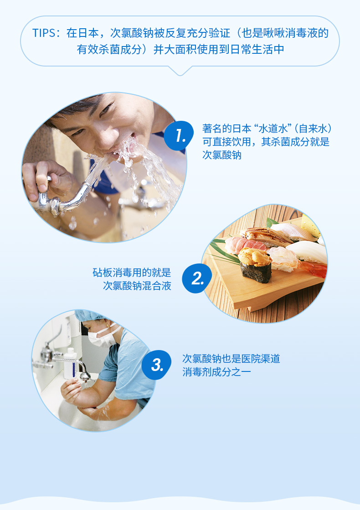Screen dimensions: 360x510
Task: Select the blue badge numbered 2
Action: coord(197,278)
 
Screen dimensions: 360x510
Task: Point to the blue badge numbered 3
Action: coord(156,365)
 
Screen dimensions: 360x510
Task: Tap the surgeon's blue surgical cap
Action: coord(89,315)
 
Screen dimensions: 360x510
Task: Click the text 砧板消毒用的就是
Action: coord(132,272)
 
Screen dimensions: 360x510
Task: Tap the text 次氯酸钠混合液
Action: coord(137,286)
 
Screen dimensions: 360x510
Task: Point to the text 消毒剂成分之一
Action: coord(216,372)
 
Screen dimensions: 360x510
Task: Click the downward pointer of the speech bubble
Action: coord(180,71)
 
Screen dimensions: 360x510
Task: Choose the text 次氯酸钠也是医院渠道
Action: coord(231,359)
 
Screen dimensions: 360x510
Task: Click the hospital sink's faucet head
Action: coord(85,376)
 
